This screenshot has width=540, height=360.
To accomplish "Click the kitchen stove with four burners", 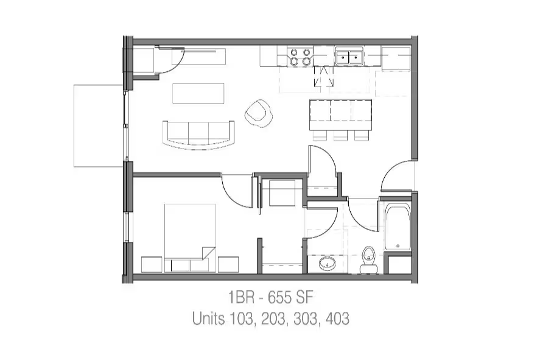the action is (x=300, y=57).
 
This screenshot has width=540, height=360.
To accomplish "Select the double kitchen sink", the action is (x=349, y=57).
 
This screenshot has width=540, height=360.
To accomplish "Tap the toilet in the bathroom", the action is (x=368, y=259).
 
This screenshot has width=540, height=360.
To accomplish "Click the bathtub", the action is (x=398, y=227).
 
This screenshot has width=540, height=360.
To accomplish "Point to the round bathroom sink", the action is (x=327, y=264).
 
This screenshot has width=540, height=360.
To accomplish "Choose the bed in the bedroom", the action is (x=190, y=238).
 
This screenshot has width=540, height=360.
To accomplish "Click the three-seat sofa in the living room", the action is (x=198, y=135).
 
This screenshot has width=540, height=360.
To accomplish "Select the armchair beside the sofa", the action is (x=259, y=113).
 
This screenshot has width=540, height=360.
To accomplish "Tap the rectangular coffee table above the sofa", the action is (x=198, y=93).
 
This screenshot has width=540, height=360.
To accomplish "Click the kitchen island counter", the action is (x=340, y=115).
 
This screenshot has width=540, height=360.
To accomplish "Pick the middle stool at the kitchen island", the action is (x=340, y=136).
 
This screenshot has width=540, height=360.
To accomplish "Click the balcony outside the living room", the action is (x=99, y=125).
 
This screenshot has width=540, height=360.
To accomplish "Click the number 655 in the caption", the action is (x=280, y=297).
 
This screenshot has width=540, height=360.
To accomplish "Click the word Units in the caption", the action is (x=208, y=319).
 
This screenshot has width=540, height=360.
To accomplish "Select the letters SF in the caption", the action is (x=305, y=297).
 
